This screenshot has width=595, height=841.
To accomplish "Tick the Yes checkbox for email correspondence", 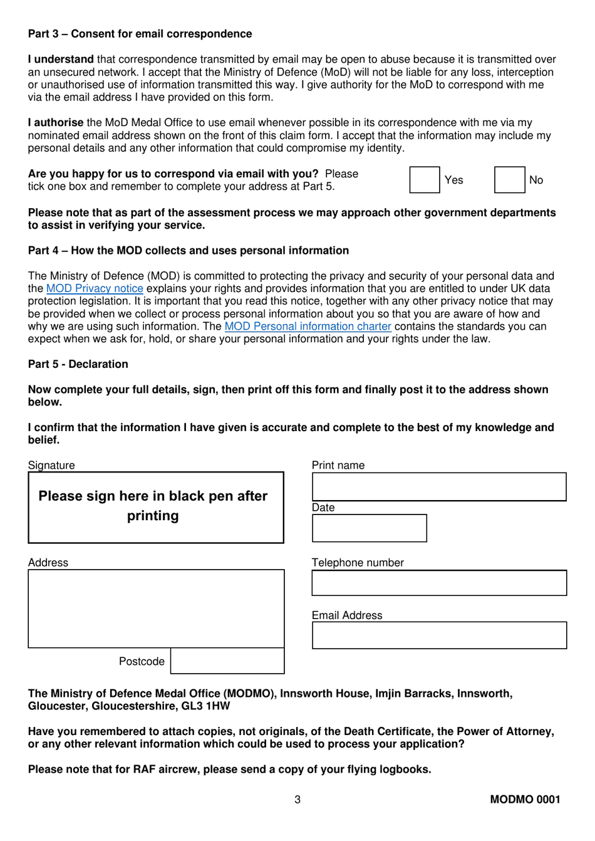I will click(x=425, y=180).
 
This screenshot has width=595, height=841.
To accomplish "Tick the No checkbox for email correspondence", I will click(x=509, y=180).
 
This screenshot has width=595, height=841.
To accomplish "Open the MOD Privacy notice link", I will click(x=95, y=288).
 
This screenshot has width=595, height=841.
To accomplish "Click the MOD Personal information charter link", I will click(x=308, y=326).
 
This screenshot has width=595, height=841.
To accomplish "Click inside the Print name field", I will click(x=439, y=487).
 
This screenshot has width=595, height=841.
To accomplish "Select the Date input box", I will click(x=369, y=528).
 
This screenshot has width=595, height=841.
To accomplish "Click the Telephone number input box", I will click(x=439, y=583).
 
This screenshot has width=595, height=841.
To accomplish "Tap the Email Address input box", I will click(x=439, y=635).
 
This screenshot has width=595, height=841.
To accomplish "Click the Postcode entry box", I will click(x=227, y=661).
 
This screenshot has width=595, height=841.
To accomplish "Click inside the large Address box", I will click(x=156, y=609).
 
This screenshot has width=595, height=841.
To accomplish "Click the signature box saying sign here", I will click(x=156, y=507).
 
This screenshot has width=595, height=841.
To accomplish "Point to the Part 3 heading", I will click(x=140, y=34).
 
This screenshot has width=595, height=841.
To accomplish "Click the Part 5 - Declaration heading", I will click(x=78, y=364).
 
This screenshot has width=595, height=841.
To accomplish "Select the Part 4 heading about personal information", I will click(x=188, y=251).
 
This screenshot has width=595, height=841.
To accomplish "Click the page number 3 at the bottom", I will click(x=297, y=799).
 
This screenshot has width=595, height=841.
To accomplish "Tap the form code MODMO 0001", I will click(x=525, y=799).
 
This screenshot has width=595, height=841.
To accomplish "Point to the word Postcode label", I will click(x=142, y=661).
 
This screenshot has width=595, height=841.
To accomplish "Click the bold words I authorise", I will click(x=56, y=123).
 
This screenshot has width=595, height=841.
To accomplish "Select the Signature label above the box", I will click(x=51, y=465).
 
